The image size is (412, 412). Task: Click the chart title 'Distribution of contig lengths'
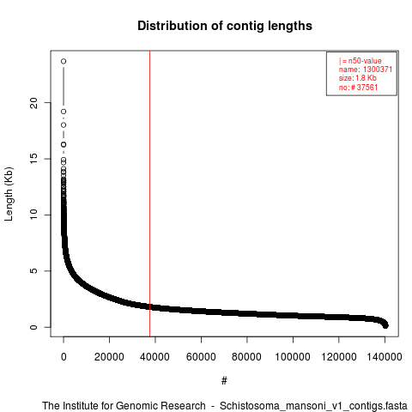point(225,27)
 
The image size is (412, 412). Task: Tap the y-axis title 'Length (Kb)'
point(9,194)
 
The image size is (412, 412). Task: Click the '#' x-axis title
point(224,381)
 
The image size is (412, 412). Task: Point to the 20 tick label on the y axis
point(33,103)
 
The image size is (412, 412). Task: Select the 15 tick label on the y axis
point(33,159)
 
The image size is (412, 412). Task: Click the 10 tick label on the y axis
point(33,215)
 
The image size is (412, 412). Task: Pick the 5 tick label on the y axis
point(33,271)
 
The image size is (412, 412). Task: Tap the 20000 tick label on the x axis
point(109,357)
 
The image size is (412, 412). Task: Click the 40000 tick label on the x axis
point(154,357)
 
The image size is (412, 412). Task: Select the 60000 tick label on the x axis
point(201,357)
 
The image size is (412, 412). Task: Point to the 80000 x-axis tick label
point(246,357)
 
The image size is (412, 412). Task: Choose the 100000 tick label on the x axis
point(293,357)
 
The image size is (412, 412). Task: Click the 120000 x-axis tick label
point(339,357)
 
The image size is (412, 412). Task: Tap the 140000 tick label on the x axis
point(385,357)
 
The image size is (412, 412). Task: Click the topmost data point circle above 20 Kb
point(64,61)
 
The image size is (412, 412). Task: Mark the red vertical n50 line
point(149,194)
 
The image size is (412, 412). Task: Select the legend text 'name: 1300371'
point(366,70)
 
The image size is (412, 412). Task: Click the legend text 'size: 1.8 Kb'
point(357,78)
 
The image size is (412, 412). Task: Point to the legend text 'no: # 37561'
point(358,87)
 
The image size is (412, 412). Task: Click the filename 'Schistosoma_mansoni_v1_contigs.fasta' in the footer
point(313,406)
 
